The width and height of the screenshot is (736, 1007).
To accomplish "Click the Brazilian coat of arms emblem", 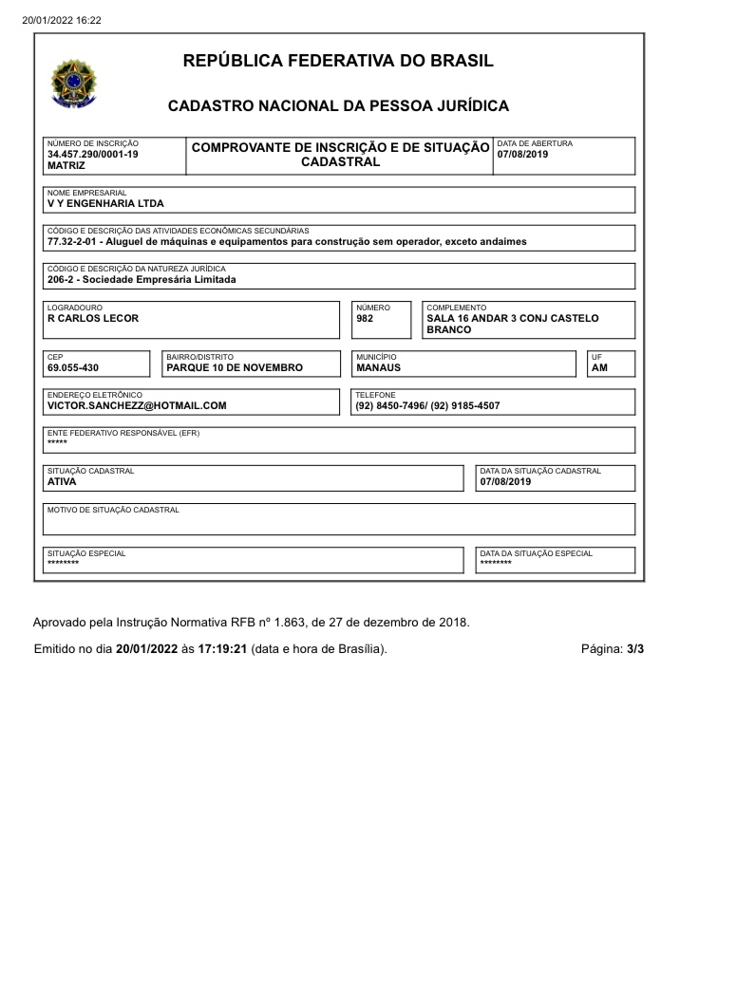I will coord(73,84).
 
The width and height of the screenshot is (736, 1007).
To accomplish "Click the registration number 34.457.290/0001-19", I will coord(92,154).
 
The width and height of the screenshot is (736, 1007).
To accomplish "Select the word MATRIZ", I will coord(66,165).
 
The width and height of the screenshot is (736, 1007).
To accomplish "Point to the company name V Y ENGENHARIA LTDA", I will coord(104,203).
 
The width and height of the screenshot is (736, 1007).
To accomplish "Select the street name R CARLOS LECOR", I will coord(92,318).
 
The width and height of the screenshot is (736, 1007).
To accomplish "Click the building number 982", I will coord(365,318).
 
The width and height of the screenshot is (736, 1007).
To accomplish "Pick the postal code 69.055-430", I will coord(72,367).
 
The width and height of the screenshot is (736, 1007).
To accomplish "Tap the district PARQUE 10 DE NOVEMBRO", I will coord(234,367).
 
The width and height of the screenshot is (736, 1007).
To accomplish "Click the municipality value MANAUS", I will coord(378,367).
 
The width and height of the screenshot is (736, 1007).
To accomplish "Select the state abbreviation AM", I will coord(599,367).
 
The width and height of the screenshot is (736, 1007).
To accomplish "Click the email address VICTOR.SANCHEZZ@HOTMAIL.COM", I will coord(137,405).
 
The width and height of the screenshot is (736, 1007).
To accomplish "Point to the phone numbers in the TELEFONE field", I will coord(427,405).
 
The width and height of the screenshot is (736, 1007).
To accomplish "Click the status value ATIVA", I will coord(62,481).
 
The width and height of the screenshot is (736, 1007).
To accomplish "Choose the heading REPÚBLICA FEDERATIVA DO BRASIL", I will coord(338,62).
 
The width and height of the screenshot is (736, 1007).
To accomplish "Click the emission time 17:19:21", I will coord(222,649).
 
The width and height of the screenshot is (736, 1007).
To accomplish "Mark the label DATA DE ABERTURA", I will coord(535,143).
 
